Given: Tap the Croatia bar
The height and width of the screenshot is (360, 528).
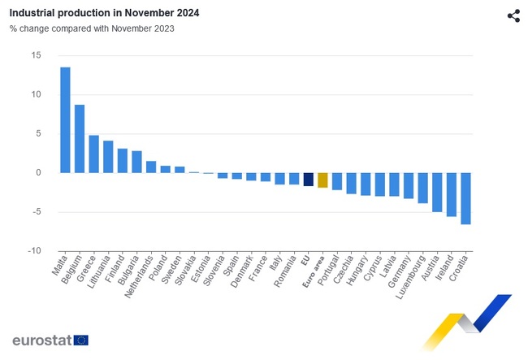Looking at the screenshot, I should click(x=465, y=198).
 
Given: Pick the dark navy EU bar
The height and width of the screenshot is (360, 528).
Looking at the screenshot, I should click(x=308, y=179).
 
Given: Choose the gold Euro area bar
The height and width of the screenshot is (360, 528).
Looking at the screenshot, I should click(x=322, y=180).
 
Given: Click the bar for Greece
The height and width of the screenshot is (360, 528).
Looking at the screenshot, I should click(x=93, y=154).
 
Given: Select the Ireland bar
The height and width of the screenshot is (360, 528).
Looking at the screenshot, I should click(x=452, y=194).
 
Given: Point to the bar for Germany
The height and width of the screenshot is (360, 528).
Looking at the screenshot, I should click(x=409, y=185).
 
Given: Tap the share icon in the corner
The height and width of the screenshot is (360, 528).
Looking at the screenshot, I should click(x=513, y=16).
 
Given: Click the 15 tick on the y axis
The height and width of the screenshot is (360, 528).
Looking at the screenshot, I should click(x=36, y=55).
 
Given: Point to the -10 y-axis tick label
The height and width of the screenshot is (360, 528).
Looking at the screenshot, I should click(x=34, y=251).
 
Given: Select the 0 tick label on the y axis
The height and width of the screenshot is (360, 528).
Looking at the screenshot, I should click(x=38, y=172).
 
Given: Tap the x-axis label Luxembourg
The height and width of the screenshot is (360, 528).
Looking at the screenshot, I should click(x=412, y=277).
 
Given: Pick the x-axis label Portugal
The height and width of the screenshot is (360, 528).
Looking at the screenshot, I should click(x=329, y=273).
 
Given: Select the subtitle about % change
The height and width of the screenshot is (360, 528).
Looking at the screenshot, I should click(x=92, y=28).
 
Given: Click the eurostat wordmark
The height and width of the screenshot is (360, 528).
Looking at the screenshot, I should click(x=41, y=340).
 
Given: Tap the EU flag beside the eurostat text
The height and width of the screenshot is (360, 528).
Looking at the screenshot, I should click(x=80, y=340).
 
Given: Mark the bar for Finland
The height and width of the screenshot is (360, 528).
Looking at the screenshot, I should click(x=123, y=160).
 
